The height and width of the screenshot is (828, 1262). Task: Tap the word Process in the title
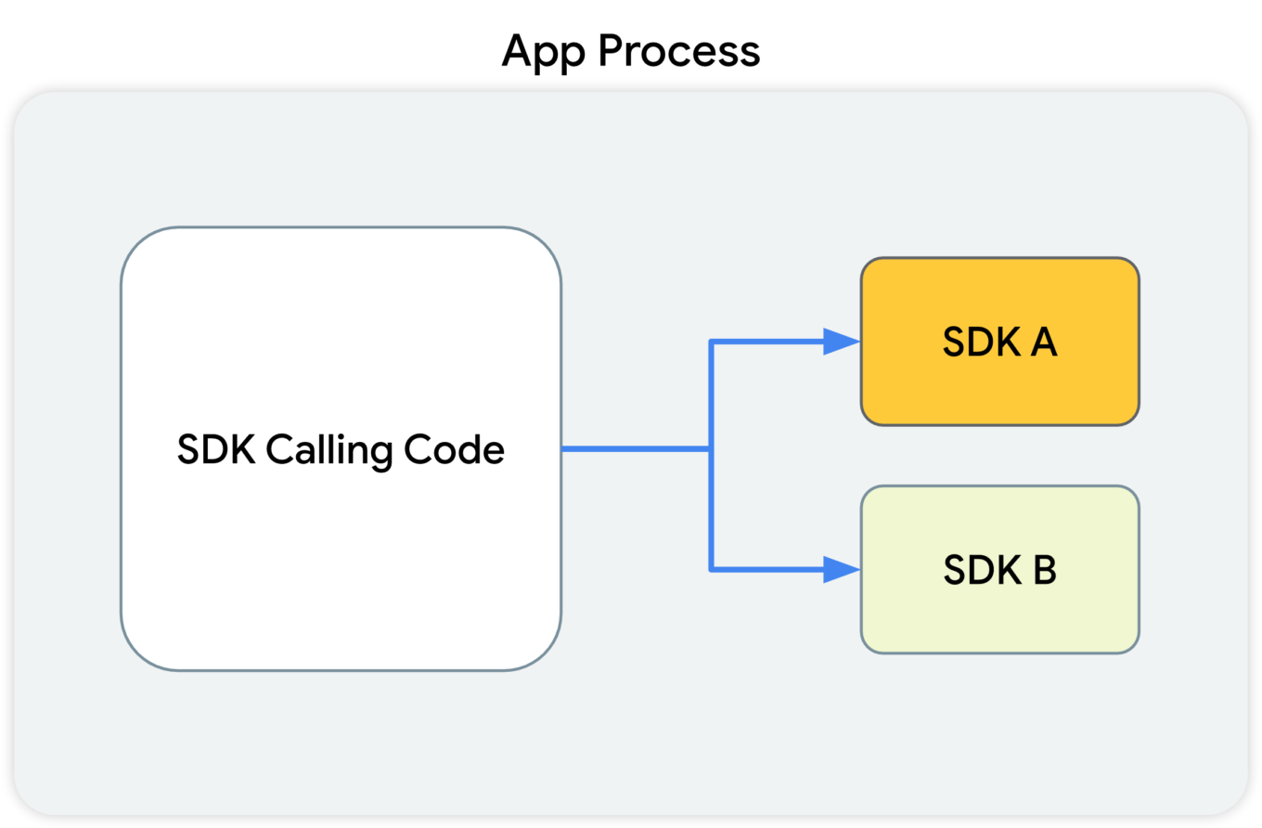679,51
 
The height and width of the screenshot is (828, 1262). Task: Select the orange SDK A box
1000,342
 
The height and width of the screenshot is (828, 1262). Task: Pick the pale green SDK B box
1000,569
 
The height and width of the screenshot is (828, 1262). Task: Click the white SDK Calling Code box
341,449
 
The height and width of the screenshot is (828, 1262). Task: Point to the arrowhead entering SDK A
842,342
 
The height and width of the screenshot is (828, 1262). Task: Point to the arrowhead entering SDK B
842,569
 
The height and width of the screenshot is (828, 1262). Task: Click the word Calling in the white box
329,451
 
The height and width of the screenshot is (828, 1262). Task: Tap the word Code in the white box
454,449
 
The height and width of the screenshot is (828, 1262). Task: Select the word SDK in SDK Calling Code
216,449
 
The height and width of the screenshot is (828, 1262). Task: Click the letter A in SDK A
1044,342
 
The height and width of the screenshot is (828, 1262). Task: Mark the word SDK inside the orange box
982,342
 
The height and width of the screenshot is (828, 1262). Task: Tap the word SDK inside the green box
982,569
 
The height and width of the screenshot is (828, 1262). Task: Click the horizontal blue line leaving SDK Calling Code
637,449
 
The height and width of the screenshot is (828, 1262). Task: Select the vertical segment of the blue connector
712,456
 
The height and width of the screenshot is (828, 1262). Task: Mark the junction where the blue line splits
712,449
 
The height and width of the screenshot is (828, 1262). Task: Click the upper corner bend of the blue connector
712,342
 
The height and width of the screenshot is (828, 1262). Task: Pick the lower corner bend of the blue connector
712,569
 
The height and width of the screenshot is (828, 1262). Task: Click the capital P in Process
611,51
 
